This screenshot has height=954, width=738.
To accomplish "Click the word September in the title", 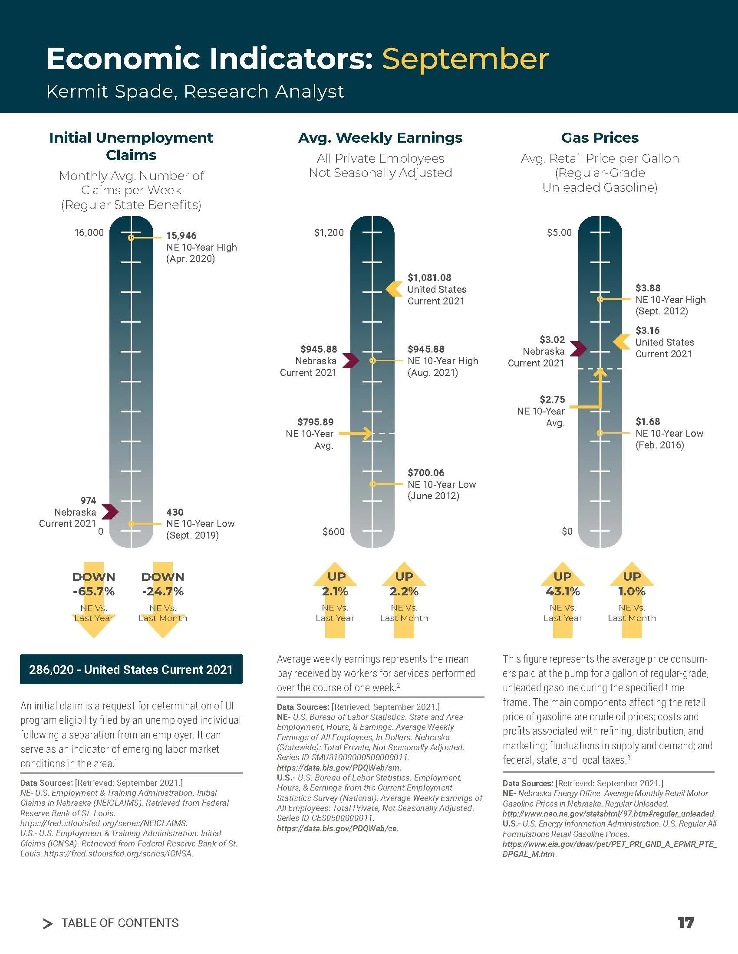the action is (x=465, y=59).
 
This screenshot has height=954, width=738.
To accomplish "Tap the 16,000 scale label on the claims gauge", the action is (x=89, y=232).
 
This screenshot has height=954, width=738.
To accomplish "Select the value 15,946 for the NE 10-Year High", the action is (x=181, y=235).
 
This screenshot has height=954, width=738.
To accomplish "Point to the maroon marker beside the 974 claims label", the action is (x=110, y=512).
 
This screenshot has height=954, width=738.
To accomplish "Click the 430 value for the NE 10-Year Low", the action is (x=175, y=512).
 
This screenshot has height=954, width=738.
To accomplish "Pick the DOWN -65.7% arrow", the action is (x=94, y=600).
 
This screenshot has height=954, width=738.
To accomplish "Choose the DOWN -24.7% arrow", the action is (x=163, y=600).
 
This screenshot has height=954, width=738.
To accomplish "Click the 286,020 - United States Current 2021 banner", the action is (x=131, y=669).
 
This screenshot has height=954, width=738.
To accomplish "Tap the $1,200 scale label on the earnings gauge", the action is (x=329, y=232).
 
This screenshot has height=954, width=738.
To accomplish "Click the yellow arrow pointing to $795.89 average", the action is (x=356, y=433).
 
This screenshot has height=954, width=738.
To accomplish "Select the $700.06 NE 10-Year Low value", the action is (x=426, y=473).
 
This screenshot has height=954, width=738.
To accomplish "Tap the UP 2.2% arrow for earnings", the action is (x=404, y=600).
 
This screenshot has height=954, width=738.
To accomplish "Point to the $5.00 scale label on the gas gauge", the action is (x=559, y=232).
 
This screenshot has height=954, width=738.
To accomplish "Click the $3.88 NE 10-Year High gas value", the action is (x=648, y=288).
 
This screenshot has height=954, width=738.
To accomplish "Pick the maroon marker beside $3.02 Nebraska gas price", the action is (x=578, y=349).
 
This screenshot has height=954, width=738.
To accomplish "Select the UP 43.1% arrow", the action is (x=563, y=600).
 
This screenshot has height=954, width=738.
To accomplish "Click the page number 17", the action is (x=686, y=922).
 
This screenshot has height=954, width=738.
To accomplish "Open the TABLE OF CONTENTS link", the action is (x=120, y=923).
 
